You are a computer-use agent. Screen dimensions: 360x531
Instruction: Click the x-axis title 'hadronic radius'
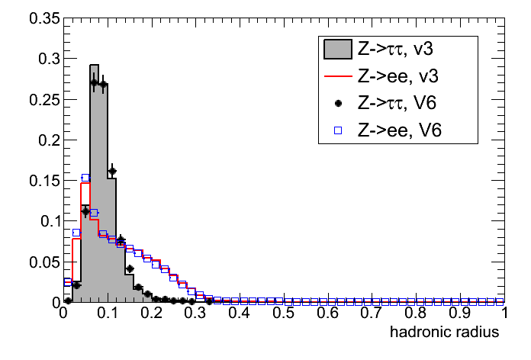[445, 333]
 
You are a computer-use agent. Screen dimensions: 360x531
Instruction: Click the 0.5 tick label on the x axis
[284, 314]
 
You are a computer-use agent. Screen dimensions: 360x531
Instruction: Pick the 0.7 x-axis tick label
[372, 314]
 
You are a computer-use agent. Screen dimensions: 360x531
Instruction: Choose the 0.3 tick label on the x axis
[196, 314]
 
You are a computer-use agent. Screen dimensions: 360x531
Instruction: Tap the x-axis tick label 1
[504, 314]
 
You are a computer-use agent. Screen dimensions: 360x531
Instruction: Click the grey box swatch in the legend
[336, 50]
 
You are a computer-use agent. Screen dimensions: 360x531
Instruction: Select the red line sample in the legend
[336, 77]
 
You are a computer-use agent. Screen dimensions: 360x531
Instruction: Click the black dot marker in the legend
[336, 104]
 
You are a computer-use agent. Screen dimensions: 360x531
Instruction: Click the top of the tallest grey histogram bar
[94, 66]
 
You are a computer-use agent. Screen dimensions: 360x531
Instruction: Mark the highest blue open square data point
[85, 178]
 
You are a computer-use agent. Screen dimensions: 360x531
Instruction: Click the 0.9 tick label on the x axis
[459, 314]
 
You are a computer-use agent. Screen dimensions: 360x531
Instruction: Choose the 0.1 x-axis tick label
[108, 314]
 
